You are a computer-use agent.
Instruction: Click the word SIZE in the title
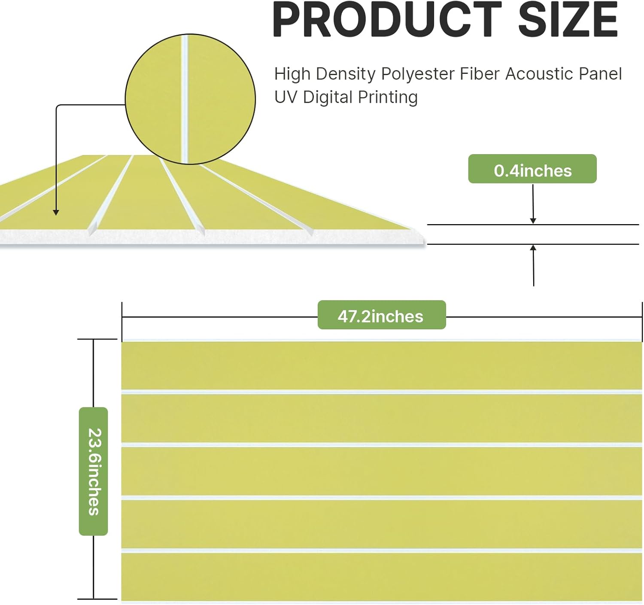coord(568,19)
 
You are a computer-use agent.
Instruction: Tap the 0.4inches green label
coord(532,169)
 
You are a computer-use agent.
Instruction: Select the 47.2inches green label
coord(382,315)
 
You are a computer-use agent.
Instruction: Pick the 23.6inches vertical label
coord(94,471)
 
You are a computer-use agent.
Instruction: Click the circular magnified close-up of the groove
coord(190,99)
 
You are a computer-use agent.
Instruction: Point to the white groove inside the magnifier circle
coord(185,99)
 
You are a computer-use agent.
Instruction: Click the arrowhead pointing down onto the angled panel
coord(56,213)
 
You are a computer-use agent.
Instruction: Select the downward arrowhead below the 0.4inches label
coord(533,221)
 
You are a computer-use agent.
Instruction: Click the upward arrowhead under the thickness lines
coord(533,248)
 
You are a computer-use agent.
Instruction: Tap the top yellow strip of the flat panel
coord(382,365)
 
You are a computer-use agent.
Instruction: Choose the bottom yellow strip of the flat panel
coord(382,577)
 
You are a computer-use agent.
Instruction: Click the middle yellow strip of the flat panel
coord(382,471)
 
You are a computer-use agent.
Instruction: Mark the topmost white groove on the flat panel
coord(382,392)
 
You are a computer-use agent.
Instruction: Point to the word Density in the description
coord(345,74)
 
